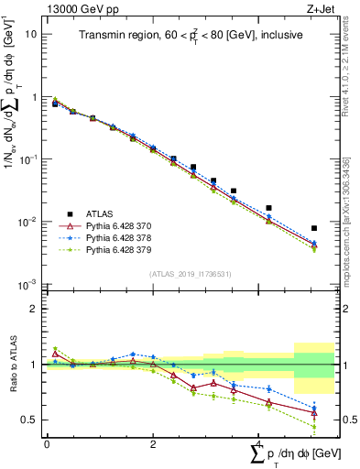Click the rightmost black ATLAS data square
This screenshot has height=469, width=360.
point(314,228)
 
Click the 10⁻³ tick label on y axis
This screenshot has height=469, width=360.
point(28,285)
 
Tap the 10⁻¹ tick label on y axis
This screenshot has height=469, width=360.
point(28,159)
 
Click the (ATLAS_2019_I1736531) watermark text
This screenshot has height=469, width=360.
point(191,274)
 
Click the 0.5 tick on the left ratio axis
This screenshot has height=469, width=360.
point(27,420)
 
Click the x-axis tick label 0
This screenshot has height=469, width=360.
point(47,443)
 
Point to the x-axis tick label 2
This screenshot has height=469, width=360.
point(153,443)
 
